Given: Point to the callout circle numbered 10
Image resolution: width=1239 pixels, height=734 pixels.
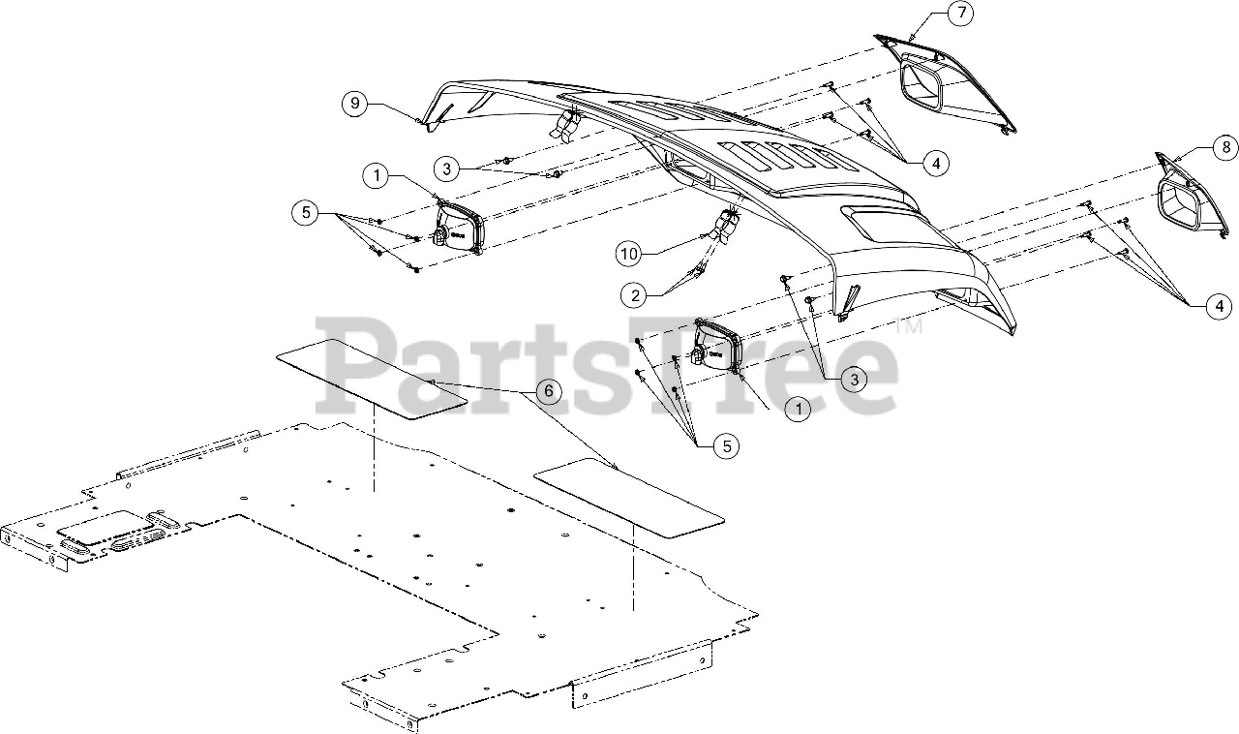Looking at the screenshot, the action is pyautogui.click(x=629, y=254).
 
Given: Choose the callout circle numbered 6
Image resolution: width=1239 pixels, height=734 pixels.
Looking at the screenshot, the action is pyautogui.click(x=548, y=391).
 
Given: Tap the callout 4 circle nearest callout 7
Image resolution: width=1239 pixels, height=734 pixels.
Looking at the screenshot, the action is pyautogui.click(x=935, y=164).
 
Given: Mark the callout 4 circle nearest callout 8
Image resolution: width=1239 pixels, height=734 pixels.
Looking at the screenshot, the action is pyautogui.click(x=1219, y=307).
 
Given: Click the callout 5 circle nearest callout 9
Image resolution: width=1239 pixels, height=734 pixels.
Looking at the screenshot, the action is pyautogui.click(x=306, y=212).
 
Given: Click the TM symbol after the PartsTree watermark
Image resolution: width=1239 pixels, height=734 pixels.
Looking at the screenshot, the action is pyautogui.click(x=909, y=328).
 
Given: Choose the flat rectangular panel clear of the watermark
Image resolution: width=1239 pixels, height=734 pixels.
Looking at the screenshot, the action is pyautogui.click(x=629, y=500).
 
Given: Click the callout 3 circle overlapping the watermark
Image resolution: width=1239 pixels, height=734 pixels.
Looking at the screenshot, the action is pyautogui.click(x=853, y=380).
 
